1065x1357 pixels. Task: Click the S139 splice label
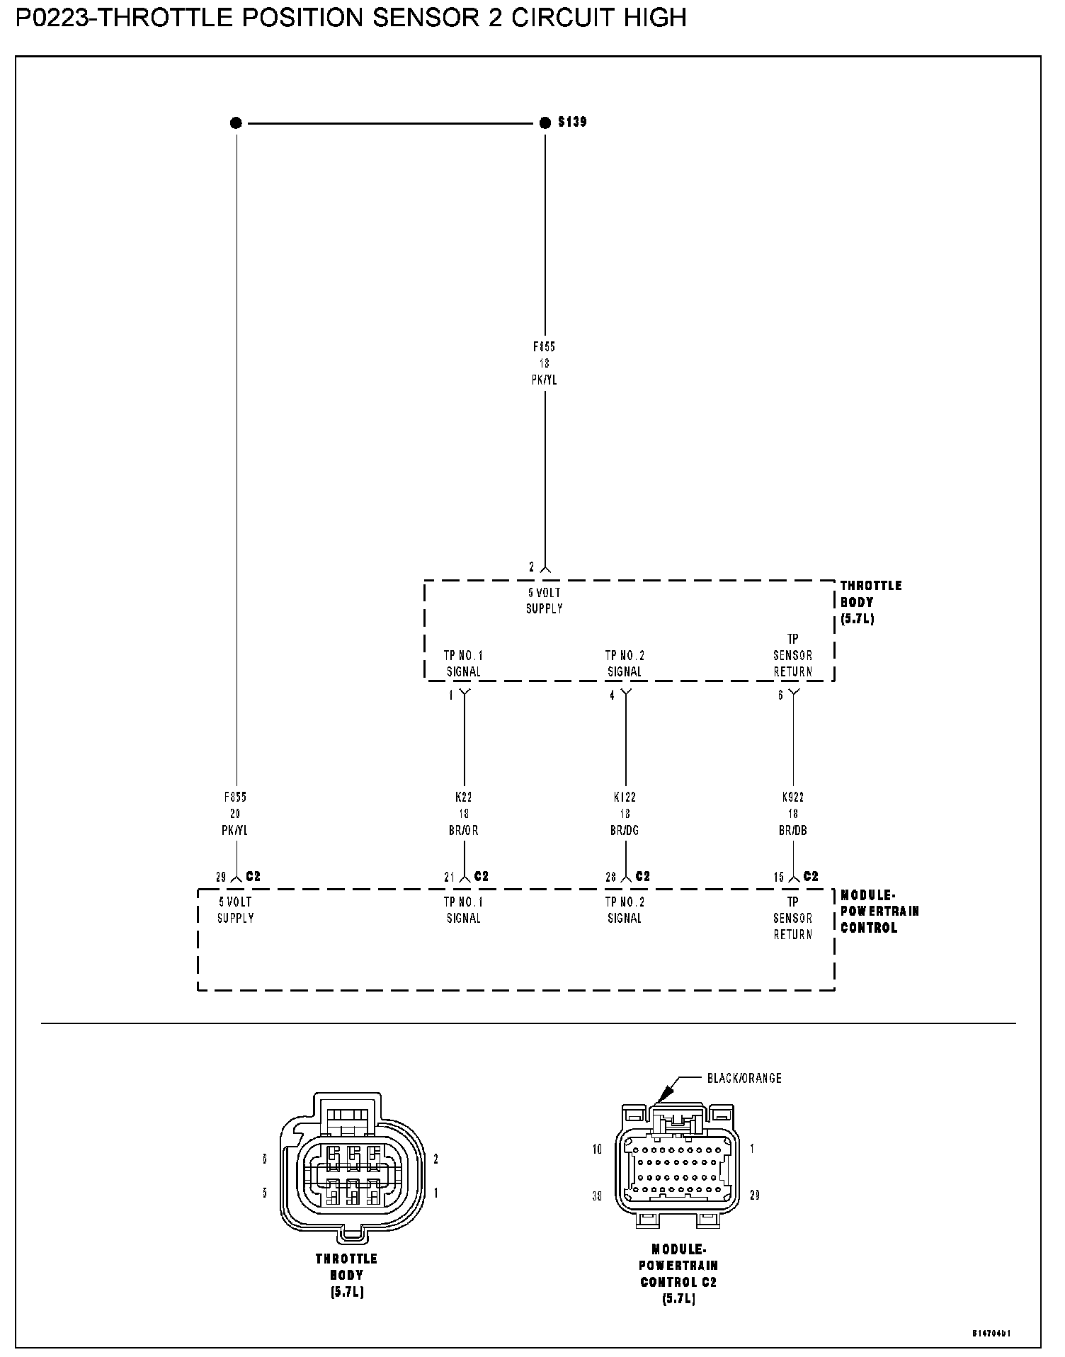pyautogui.click(x=572, y=122)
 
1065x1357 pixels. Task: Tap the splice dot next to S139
pyautogui.click(x=545, y=123)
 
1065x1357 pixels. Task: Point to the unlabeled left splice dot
pyautogui.click(x=236, y=123)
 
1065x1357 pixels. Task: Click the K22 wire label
pyautogui.click(x=464, y=797)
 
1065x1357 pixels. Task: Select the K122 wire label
pyautogui.click(x=625, y=797)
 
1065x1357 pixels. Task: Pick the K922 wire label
pyautogui.click(x=792, y=797)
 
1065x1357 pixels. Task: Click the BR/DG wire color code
pyautogui.click(x=625, y=830)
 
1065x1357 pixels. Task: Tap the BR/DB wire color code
pyautogui.click(x=792, y=830)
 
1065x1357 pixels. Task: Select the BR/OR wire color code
pyautogui.click(x=464, y=830)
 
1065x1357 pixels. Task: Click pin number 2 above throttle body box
pyautogui.click(x=532, y=567)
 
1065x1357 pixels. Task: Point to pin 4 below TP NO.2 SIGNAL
pyautogui.click(x=613, y=695)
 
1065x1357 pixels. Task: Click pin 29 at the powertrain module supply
pyautogui.click(x=222, y=878)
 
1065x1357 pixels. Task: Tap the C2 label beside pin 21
pyautogui.click(x=482, y=877)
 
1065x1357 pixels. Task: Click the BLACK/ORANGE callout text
pyautogui.click(x=744, y=1078)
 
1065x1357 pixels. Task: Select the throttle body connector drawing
pyautogui.click(x=352, y=1169)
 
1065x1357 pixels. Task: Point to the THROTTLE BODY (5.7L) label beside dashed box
pyautogui.click(x=871, y=602)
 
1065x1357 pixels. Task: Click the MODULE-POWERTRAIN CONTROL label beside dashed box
pyautogui.click(x=879, y=911)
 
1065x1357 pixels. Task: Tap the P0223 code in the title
pyautogui.click(x=54, y=18)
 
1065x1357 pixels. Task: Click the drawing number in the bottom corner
pyautogui.click(x=991, y=1333)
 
